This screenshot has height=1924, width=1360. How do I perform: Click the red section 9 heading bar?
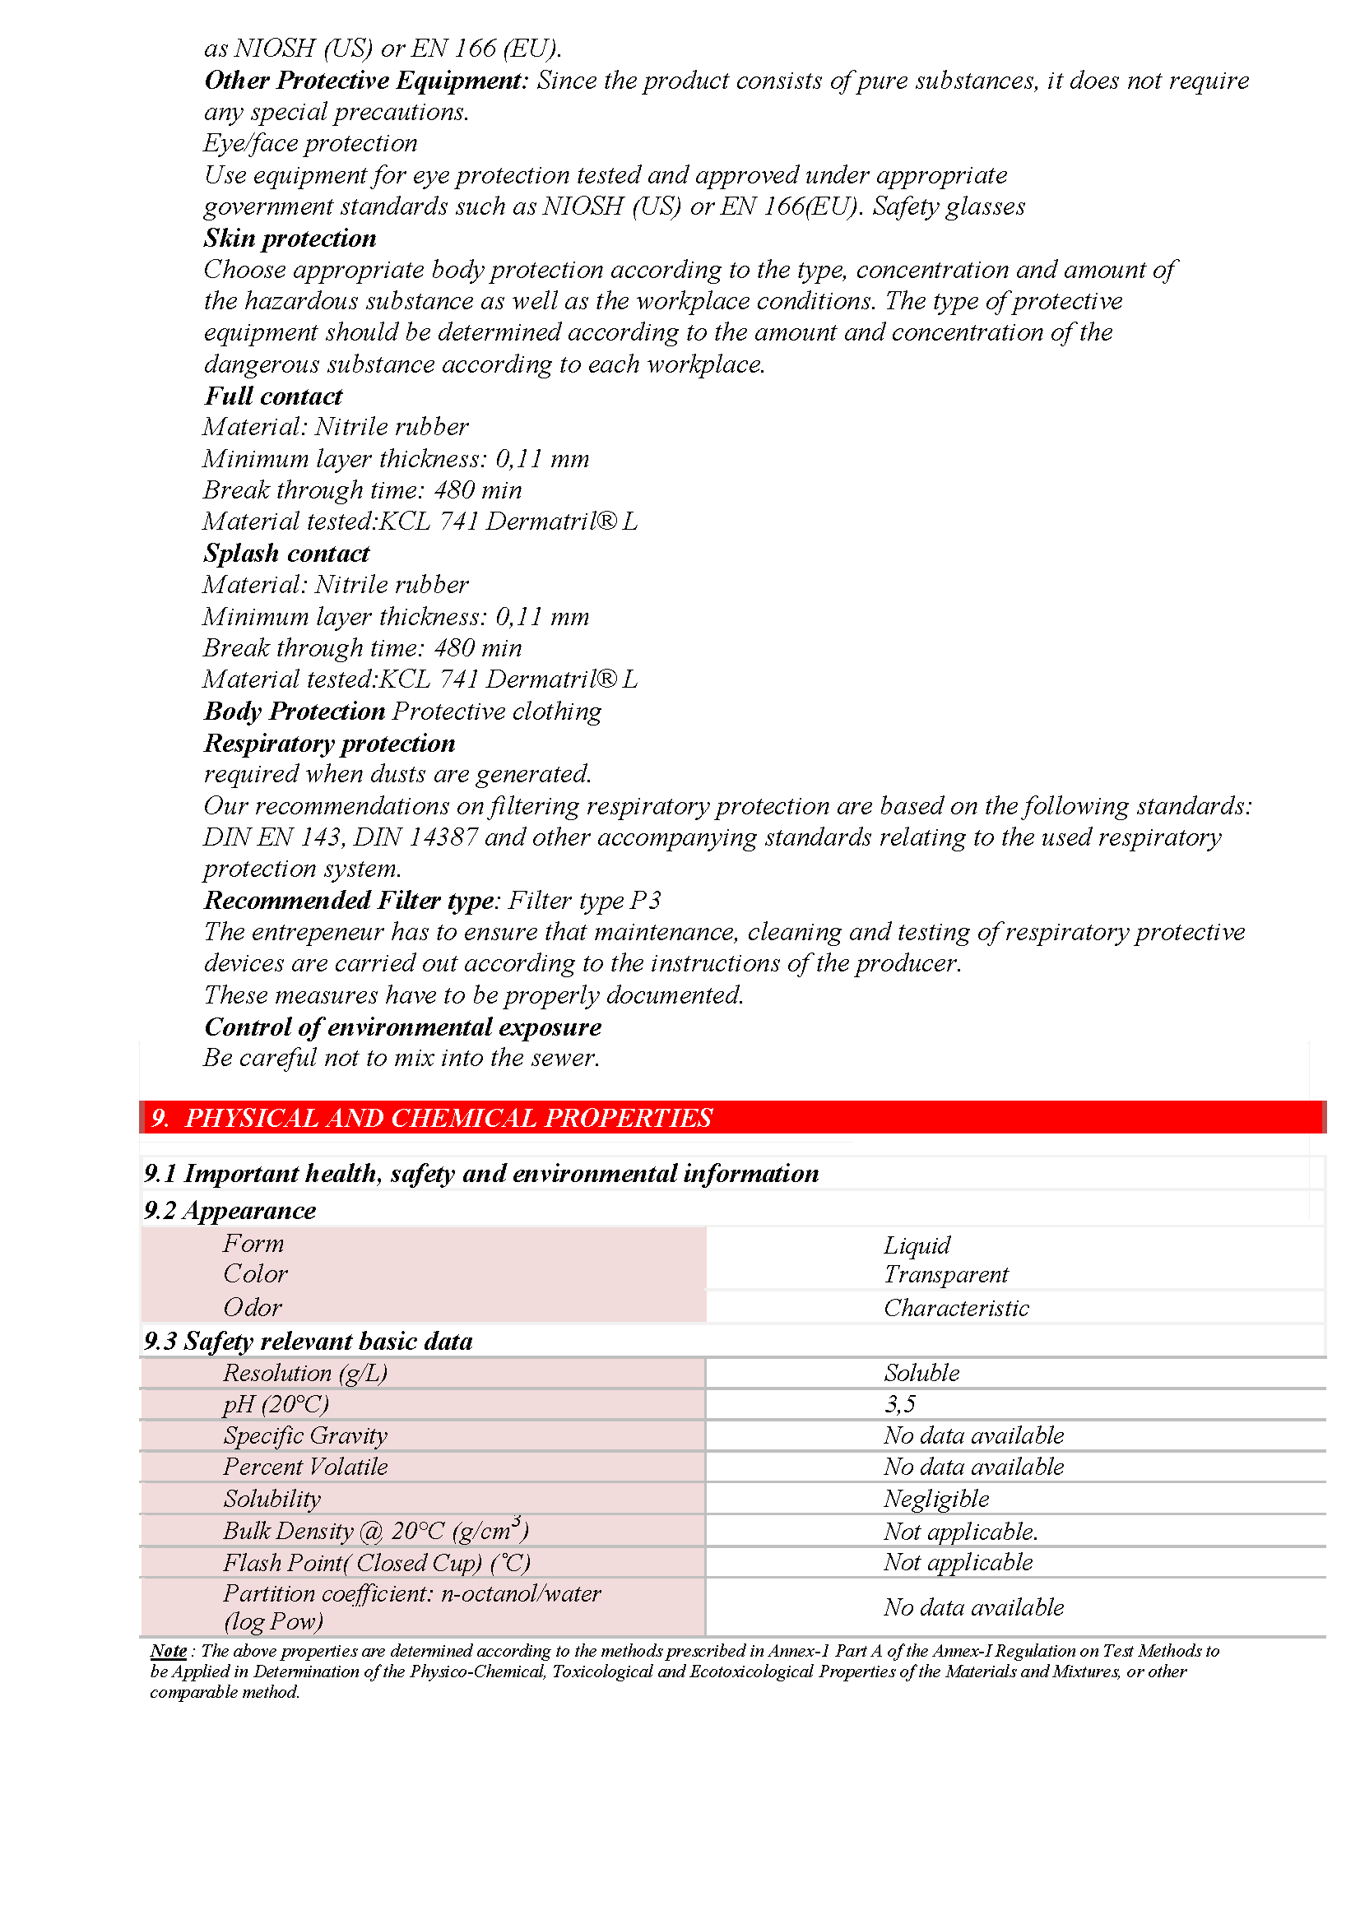[x=732, y=1117]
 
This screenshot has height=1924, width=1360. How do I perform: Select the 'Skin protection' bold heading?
[x=290, y=239]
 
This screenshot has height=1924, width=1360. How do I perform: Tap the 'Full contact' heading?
[x=273, y=396]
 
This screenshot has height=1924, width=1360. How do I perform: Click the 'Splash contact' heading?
[x=285, y=554]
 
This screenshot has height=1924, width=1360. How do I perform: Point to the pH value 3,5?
[x=899, y=1404]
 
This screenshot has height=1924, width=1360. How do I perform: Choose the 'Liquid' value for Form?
[x=917, y=1245]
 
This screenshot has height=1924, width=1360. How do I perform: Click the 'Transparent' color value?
[x=946, y=1274]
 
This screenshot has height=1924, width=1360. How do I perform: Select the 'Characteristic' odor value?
[x=956, y=1308]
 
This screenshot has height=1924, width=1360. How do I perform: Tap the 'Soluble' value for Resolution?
[x=921, y=1373]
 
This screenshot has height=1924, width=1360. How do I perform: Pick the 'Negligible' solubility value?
[x=936, y=1500]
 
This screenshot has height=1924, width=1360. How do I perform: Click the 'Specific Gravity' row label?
[x=305, y=1436]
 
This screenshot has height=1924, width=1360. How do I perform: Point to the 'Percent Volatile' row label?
[x=305, y=1467]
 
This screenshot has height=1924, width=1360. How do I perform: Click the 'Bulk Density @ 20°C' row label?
[x=375, y=1531]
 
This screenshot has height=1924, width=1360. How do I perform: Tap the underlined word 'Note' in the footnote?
[x=169, y=1651]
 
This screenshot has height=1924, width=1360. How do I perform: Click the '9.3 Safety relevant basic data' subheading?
[x=309, y=1342]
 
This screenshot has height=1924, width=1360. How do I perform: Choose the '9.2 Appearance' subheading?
[x=230, y=1211]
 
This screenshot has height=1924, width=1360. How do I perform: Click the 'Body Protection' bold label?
[x=294, y=712]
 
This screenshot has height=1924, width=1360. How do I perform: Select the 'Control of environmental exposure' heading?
[x=403, y=1027]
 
